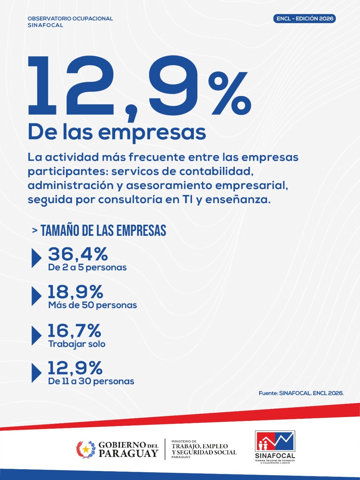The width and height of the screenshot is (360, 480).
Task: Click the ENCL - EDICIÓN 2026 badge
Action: [x=305, y=19]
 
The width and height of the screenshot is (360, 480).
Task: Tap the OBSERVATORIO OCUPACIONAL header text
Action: [x=70, y=19]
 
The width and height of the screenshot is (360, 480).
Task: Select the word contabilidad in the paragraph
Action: [x=216, y=172]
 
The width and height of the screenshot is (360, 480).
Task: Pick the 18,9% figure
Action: [x=76, y=292]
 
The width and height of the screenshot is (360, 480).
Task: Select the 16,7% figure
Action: [x=74, y=331]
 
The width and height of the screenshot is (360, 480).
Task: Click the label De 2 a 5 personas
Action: [x=87, y=268]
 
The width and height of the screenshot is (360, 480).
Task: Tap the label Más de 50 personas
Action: [x=92, y=305]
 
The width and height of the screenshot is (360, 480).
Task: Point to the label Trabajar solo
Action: [x=77, y=344]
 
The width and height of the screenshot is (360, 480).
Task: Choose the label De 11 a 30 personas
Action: [x=91, y=381]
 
